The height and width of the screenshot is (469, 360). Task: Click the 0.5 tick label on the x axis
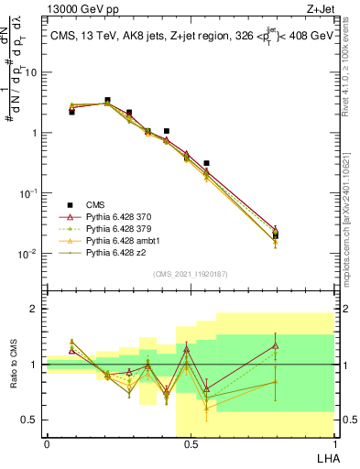point(191,444)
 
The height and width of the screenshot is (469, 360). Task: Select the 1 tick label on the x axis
point(333,444)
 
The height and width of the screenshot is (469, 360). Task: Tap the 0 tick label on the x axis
point(47,444)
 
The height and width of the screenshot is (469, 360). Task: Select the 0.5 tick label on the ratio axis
point(31,420)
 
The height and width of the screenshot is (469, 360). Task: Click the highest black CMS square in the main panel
point(107,100)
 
